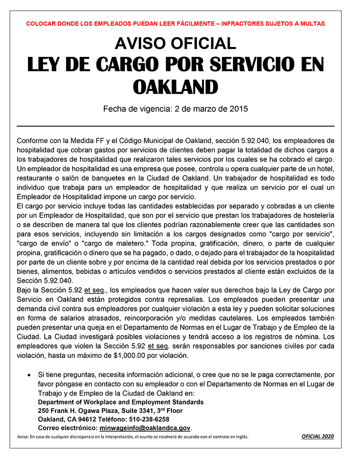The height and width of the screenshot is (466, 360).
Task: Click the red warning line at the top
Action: point(175,23)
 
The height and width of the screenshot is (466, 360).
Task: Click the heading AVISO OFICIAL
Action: point(175,43)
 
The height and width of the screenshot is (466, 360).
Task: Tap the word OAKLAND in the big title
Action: point(175,87)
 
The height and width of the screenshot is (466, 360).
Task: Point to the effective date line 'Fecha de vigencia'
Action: point(175,110)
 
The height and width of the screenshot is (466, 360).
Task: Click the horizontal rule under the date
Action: point(175,126)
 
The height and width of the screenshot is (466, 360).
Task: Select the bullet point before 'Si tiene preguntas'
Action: point(29,375)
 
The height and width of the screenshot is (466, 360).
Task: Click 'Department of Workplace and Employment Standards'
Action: point(121,402)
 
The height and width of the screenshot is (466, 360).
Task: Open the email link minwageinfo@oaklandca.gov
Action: point(145,428)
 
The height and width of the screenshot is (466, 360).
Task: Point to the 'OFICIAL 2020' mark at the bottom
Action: point(318,437)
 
